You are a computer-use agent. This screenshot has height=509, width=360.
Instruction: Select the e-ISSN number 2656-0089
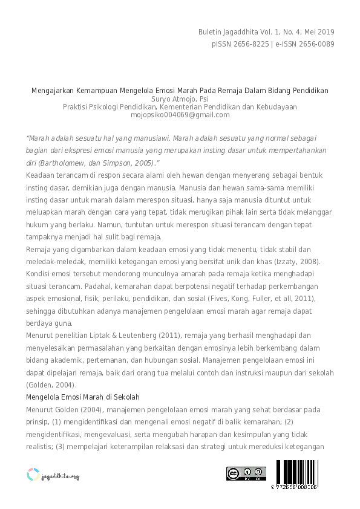(x=313, y=44)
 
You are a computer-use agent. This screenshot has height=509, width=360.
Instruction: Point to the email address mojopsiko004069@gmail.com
(x=180, y=115)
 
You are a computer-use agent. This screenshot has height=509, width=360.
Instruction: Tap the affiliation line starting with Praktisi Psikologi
(x=180, y=107)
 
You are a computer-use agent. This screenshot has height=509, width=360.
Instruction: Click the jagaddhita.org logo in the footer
(x=53, y=475)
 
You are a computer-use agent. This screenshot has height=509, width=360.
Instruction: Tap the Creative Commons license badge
(x=246, y=473)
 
